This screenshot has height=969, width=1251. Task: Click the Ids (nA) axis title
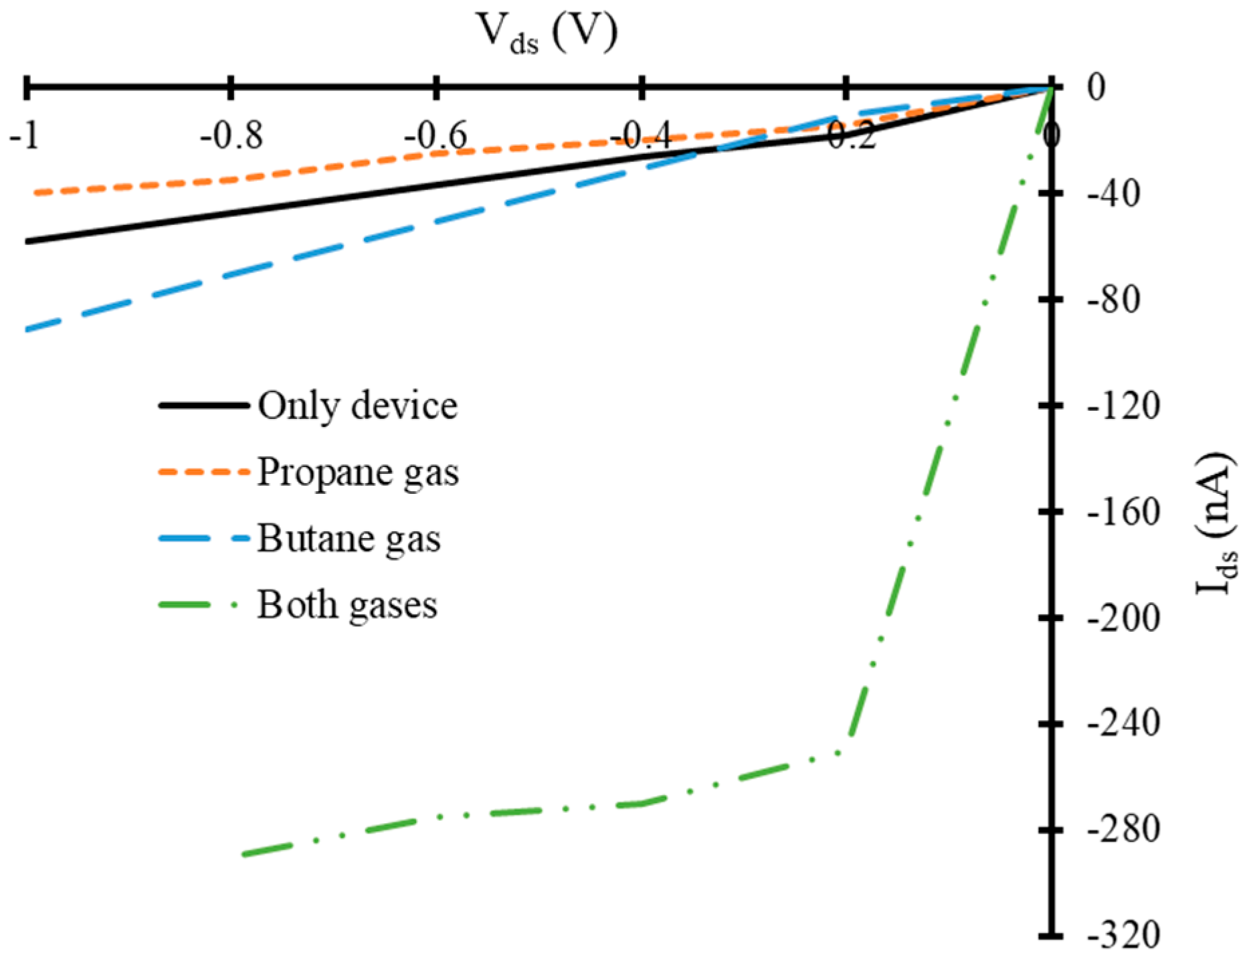(x=1216, y=525)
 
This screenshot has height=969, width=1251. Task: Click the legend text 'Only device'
(x=358, y=406)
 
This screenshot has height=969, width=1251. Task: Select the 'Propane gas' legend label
(x=359, y=472)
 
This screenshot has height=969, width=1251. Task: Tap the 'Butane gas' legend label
(x=349, y=539)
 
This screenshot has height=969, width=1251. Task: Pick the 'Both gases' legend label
(x=347, y=605)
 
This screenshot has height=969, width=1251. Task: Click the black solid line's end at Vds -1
(x=26, y=241)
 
